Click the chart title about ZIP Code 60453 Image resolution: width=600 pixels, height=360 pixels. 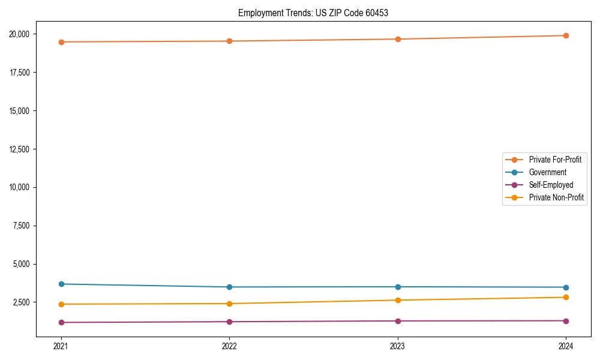[x=313, y=13]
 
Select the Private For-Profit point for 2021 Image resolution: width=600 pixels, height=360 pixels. [x=61, y=42]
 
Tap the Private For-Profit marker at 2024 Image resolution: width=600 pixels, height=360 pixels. [x=566, y=35]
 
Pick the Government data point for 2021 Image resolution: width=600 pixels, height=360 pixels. [x=61, y=284]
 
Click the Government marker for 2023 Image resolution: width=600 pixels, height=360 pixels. [x=398, y=287]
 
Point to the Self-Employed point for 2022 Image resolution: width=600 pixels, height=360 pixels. [x=229, y=322]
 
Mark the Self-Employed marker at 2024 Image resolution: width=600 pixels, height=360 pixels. [x=566, y=320]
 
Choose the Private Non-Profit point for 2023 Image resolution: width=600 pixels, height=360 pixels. [x=398, y=300]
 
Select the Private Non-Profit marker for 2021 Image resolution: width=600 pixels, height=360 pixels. [x=61, y=304]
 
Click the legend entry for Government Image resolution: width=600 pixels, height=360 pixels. [x=547, y=172]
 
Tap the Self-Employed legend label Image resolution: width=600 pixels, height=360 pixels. [x=551, y=185]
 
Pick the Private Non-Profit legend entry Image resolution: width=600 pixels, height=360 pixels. [x=556, y=197]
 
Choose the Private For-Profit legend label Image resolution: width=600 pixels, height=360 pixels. [x=555, y=160]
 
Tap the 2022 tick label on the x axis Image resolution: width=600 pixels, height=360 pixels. [x=229, y=346]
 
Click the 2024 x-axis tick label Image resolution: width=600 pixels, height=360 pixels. [x=566, y=346]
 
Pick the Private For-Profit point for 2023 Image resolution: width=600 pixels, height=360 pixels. [x=398, y=39]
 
